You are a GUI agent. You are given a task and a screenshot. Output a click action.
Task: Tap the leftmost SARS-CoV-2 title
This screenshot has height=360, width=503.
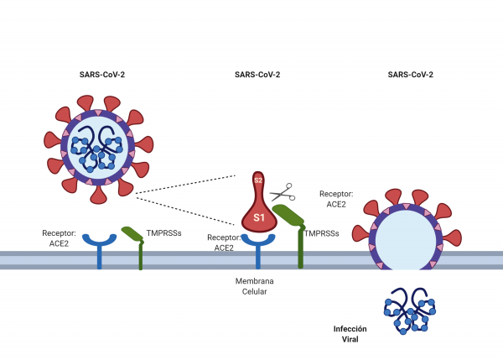[102, 75]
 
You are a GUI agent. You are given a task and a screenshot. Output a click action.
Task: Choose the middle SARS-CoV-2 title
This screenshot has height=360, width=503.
[257, 75]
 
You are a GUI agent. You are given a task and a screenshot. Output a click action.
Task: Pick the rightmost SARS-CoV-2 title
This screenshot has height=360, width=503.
[411, 75]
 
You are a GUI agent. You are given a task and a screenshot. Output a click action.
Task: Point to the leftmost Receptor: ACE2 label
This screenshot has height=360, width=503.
[59, 237]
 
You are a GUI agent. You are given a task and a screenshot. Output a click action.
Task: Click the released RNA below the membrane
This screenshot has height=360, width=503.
[410, 310]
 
